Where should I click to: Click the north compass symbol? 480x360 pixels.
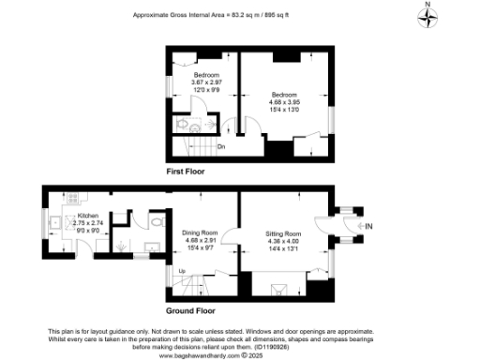427,20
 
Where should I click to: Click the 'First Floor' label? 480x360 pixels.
186,172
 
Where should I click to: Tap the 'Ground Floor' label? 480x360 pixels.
192,310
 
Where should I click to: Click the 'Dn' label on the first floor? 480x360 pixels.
221,147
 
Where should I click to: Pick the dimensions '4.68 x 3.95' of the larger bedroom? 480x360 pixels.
285,102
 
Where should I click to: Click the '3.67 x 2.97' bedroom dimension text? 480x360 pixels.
206,82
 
